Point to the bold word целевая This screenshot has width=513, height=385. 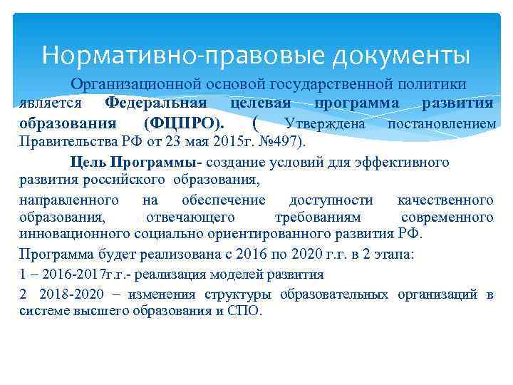click(x=261, y=103)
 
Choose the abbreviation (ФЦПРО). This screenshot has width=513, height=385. click(x=182, y=123)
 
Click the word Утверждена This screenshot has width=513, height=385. click(x=325, y=123)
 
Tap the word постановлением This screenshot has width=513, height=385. click(x=440, y=123)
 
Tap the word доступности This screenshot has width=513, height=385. click(x=331, y=199)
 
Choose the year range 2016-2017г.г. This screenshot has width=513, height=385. click(x=74, y=274)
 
